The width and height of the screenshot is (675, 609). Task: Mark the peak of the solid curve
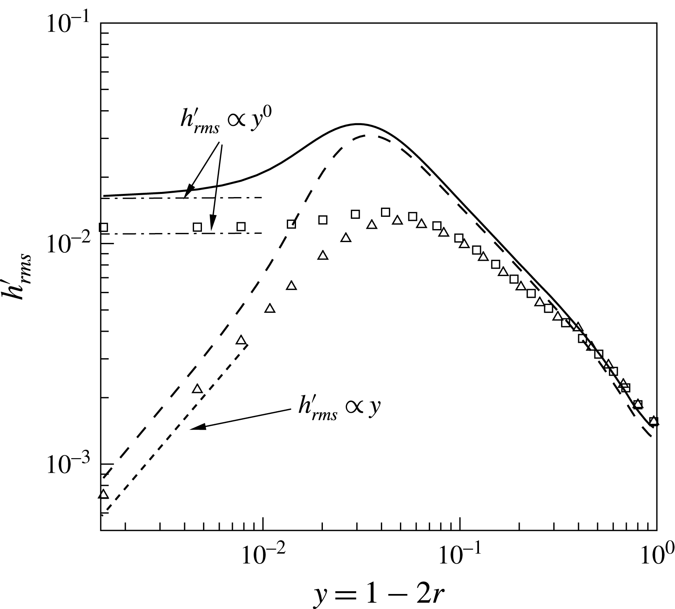[x=358, y=124]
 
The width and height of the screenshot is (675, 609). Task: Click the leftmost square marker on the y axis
[x=104, y=227]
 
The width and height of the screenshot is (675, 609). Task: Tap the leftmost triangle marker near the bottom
[x=104, y=494]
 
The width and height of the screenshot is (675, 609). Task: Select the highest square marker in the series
[x=385, y=212]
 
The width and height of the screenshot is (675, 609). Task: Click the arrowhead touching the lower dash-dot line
[x=212, y=228]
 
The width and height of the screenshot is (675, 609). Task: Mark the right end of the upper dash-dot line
[x=262, y=197]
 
